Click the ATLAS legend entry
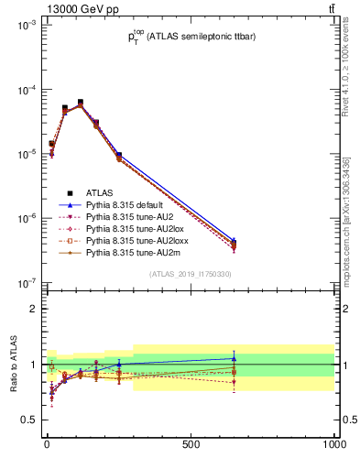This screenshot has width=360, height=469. tap(100, 192)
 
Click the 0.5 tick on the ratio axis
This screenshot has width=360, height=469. tap(28, 420)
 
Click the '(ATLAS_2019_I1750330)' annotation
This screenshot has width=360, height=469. tap(191, 274)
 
